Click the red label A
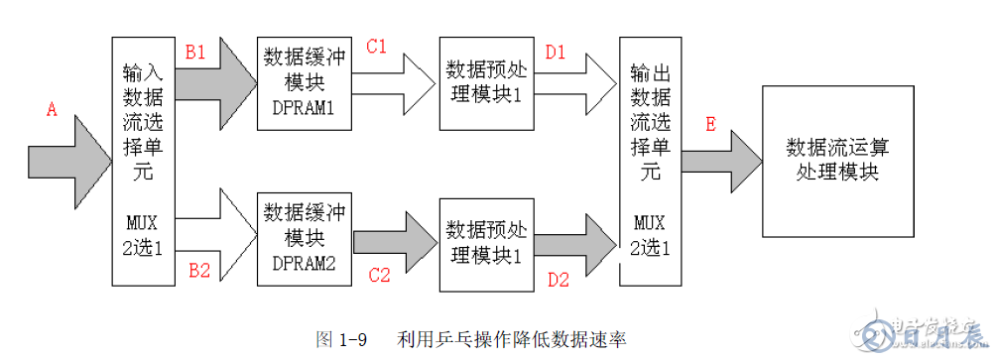tap(53, 111)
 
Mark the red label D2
tap(559, 280)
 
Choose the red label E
tap(710, 124)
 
